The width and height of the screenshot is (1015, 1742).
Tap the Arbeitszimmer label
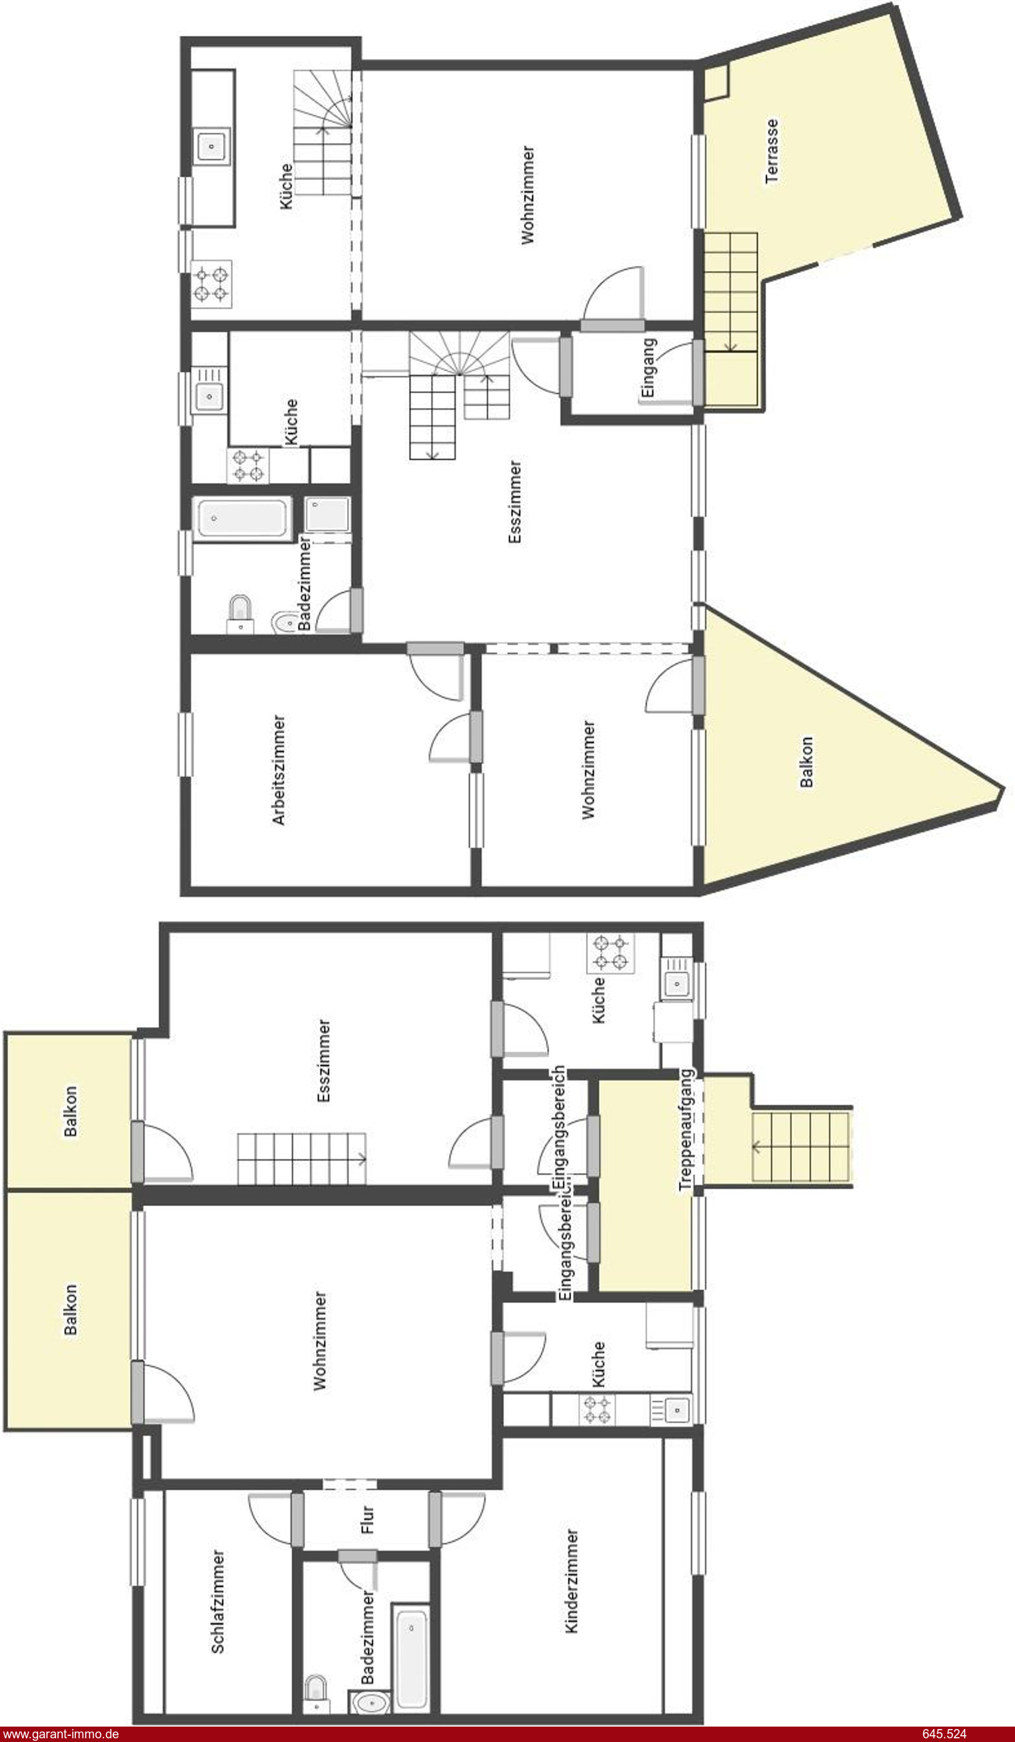[279, 770]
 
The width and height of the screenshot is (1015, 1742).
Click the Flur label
[367, 1520]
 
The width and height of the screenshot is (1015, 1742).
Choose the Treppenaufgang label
[685, 1131]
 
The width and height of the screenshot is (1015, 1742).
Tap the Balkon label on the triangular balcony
[805, 762]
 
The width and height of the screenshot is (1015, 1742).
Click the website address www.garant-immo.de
[61, 1735]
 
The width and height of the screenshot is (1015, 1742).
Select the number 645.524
[945, 1735]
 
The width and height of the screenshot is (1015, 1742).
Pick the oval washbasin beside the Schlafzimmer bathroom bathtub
[372, 1702]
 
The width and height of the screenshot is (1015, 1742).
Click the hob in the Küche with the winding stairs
[211, 284]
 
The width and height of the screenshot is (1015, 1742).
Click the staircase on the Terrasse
[731, 292]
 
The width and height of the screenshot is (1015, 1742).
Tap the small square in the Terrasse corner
[716, 81]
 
